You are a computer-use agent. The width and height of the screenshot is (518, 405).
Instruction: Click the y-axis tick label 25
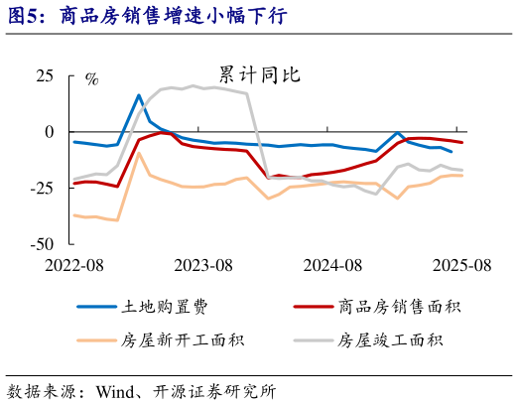point(45,75)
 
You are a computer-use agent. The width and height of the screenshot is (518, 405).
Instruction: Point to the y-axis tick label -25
point(42,188)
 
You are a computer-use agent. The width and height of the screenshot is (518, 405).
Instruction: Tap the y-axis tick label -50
point(42,243)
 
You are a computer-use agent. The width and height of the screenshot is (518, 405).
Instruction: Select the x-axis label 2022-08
point(73,265)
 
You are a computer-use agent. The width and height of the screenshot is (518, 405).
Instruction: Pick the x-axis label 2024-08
point(331,265)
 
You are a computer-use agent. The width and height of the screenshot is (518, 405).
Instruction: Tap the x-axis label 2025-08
point(460,265)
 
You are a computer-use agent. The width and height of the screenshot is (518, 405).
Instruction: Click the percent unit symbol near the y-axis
point(91,79)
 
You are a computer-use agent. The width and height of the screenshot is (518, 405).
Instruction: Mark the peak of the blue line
point(140,95)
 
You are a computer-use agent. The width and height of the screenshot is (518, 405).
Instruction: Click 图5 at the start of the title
point(22,15)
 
